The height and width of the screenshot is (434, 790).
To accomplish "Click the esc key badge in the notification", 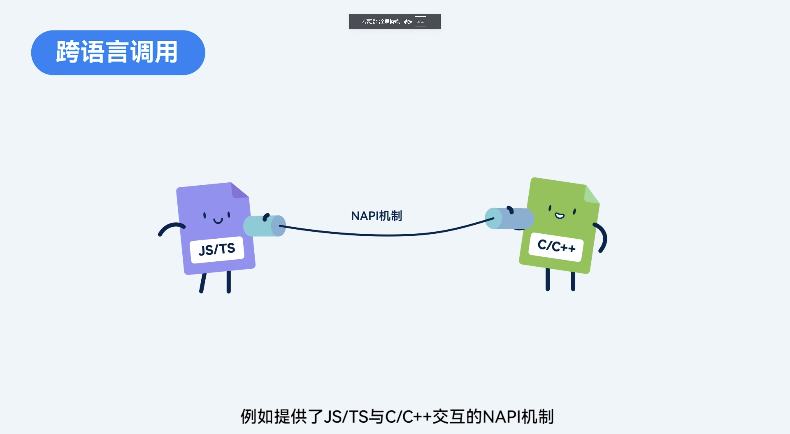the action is coord(420,21).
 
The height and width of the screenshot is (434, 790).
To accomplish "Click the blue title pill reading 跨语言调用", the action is coord(118,52).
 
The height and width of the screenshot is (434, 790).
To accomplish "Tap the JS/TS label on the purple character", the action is coord(217,249).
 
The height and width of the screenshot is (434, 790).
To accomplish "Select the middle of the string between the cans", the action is coord(386,235).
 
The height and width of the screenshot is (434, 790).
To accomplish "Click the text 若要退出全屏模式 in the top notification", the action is coord(380,21).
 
